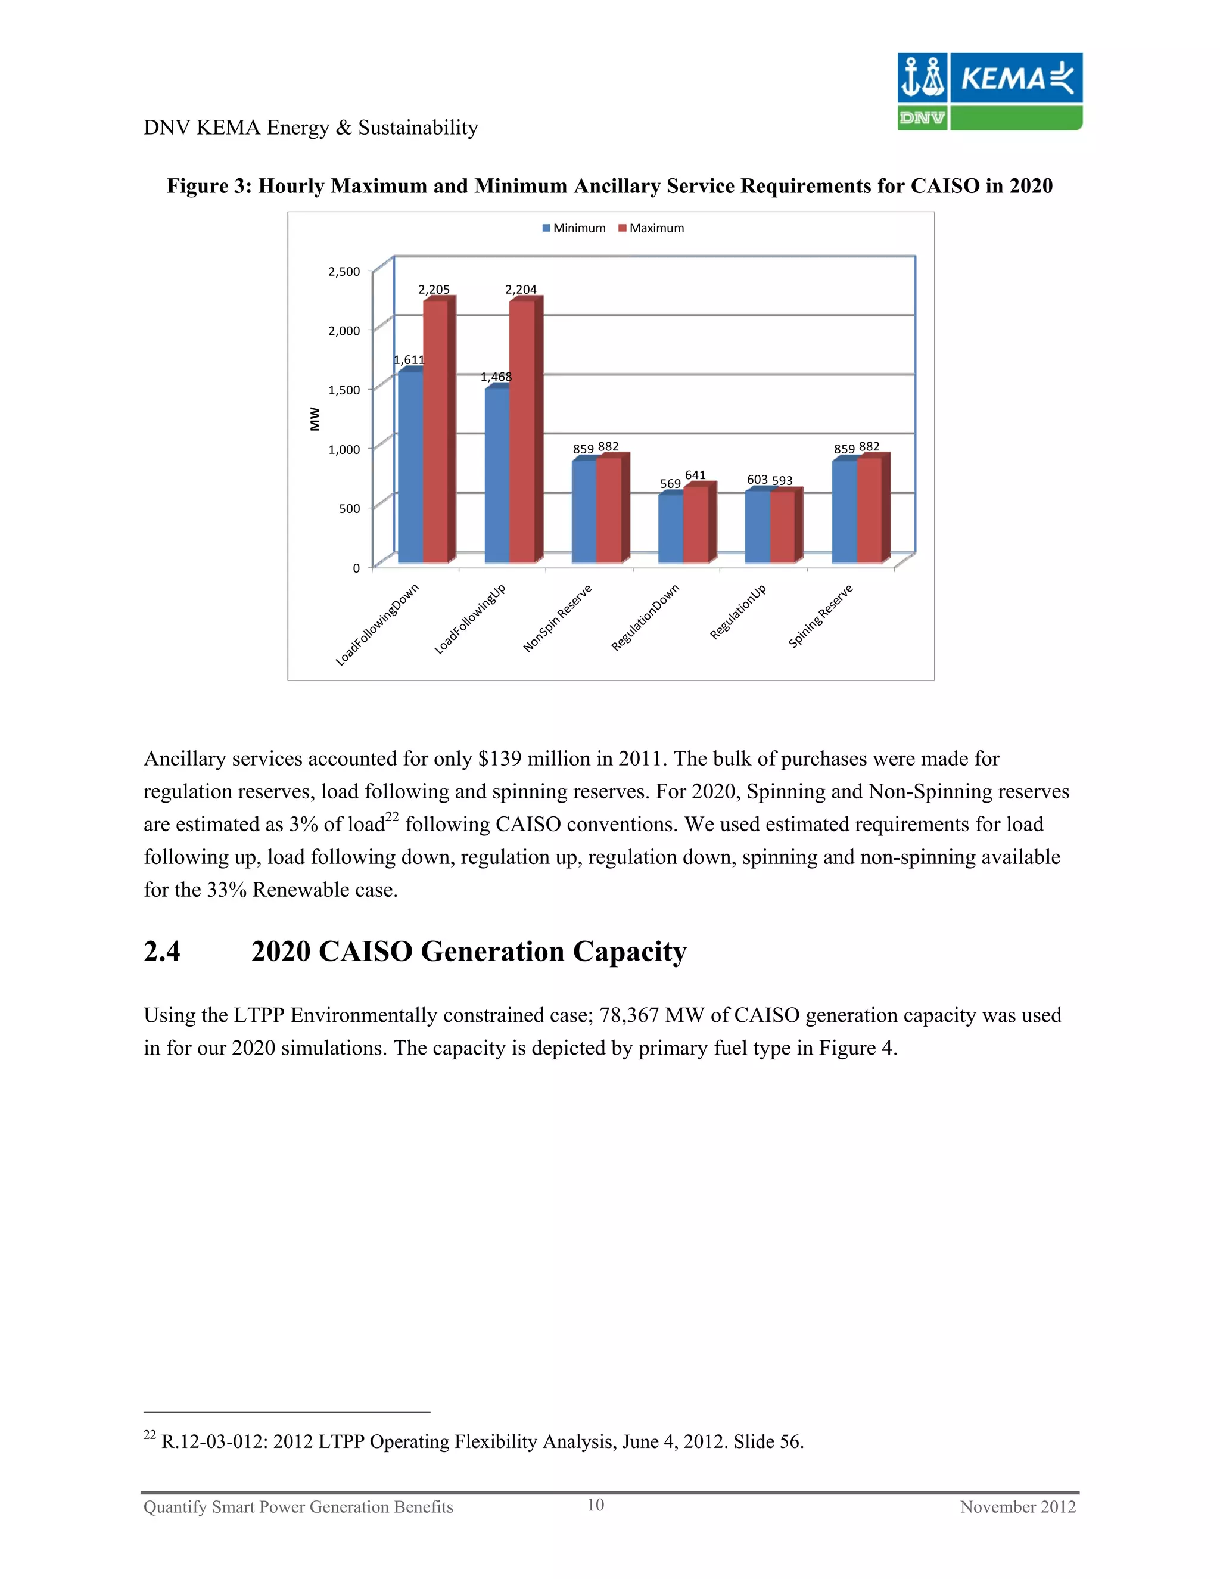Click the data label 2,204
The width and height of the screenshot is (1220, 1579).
(521, 289)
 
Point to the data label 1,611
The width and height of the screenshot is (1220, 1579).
(409, 359)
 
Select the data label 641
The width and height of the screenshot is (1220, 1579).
(695, 475)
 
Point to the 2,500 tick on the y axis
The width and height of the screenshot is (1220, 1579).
(344, 271)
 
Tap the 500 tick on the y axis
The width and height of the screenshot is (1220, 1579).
(349, 508)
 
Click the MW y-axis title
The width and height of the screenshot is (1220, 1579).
(315, 419)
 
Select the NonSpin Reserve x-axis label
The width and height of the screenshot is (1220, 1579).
(557, 618)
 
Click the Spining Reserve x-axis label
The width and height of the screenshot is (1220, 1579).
(820, 616)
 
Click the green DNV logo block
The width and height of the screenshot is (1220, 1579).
(922, 118)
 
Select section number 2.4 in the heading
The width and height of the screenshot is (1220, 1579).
(162, 952)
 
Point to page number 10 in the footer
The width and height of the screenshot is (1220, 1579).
(595, 1505)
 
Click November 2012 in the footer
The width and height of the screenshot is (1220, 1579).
(1017, 1507)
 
